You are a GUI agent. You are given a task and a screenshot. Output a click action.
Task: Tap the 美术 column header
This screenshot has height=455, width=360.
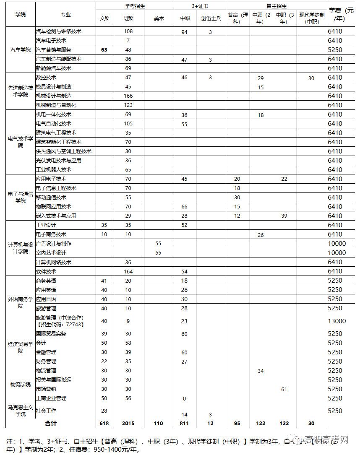[x=158, y=18]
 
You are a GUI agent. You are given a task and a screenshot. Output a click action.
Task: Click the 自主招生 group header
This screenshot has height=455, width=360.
[x=276, y=6]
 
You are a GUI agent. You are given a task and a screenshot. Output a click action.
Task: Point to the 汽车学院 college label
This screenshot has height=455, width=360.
[x=21, y=50]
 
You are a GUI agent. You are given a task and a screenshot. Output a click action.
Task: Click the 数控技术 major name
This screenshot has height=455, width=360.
[x=46, y=78]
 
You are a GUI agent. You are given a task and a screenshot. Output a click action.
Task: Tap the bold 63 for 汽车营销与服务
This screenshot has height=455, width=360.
[x=104, y=50]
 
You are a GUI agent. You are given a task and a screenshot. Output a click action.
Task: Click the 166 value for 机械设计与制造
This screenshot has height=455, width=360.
[x=128, y=96]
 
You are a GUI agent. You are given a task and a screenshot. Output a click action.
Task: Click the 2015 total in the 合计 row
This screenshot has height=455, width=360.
[x=128, y=424]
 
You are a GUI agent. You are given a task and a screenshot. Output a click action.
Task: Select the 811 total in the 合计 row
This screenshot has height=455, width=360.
[x=184, y=424]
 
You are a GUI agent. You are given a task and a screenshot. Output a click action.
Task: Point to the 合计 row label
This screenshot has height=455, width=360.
[x=51, y=424]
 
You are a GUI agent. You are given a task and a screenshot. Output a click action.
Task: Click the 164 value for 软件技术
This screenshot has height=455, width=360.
[x=128, y=271]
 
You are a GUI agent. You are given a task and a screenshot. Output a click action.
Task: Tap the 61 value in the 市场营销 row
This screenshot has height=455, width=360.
[x=284, y=389]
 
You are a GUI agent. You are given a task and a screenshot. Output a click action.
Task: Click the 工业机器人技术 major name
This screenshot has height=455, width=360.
[x=54, y=170]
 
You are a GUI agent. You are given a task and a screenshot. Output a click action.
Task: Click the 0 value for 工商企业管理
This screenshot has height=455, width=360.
[x=184, y=398]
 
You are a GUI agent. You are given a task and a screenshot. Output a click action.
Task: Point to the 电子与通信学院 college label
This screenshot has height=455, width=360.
[x=21, y=197]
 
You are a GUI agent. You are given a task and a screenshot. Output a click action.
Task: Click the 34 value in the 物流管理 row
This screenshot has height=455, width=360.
[x=261, y=371]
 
